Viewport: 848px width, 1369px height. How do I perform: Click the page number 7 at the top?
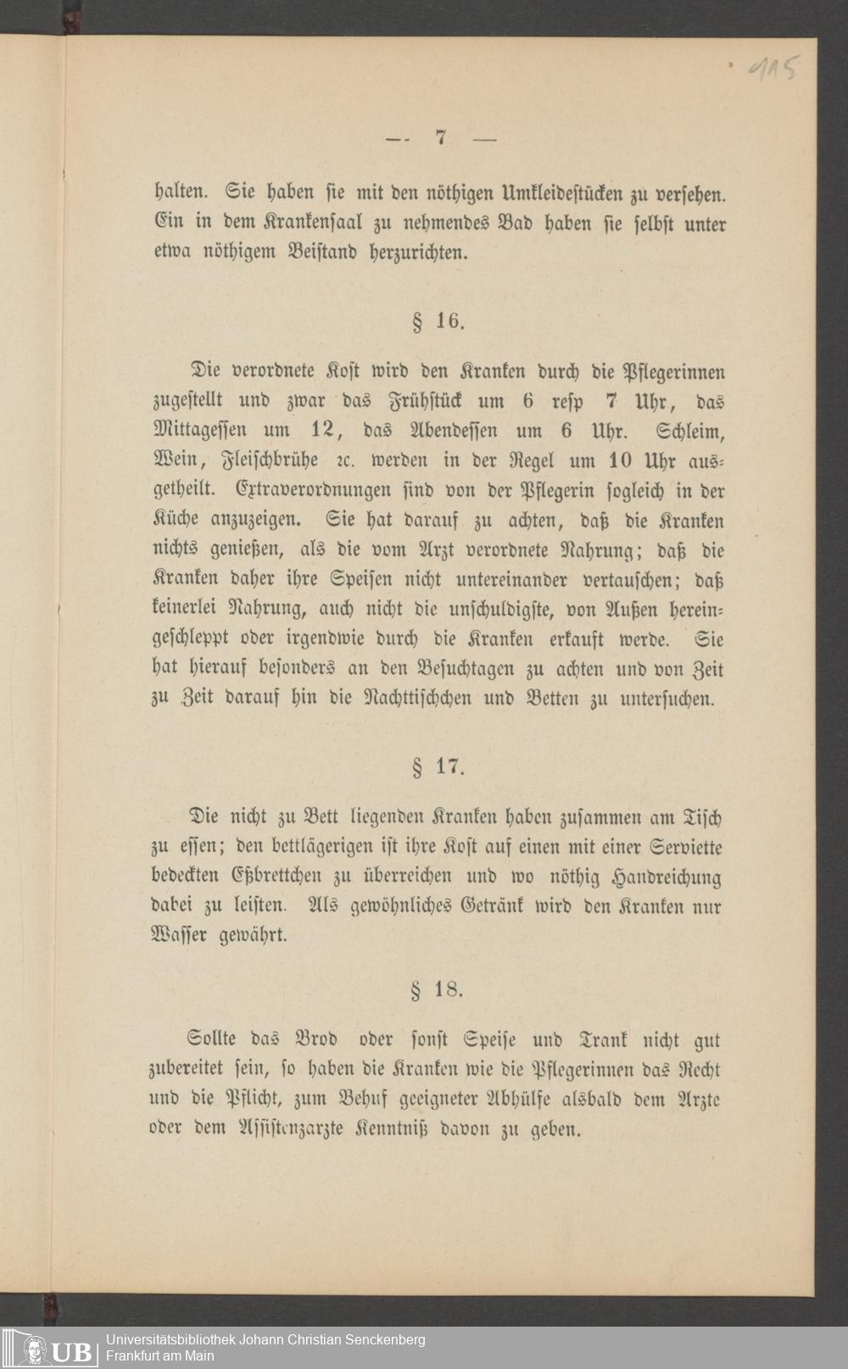pyautogui.click(x=440, y=137)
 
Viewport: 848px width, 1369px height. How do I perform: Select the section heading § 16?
pyautogui.click(x=438, y=322)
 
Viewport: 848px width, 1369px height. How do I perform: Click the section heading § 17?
pyautogui.click(x=438, y=768)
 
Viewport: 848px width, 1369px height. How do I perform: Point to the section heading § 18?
pyautogui.click(x=438, y=989)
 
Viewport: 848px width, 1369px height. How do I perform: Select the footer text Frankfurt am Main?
pyautogui.click(x=159, y=1355)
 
